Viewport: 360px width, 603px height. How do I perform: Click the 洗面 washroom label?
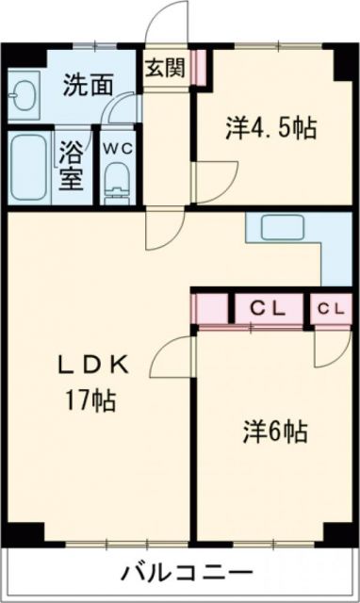coord(87,85)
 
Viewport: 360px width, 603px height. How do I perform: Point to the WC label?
coord(117,147)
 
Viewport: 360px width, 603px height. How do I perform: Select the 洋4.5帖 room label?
coord(271,129)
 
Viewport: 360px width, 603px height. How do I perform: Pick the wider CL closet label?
coord(270,307)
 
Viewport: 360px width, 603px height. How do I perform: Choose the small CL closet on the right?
coord(330,307)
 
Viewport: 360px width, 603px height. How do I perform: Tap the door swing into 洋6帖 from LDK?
coord(176,361)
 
